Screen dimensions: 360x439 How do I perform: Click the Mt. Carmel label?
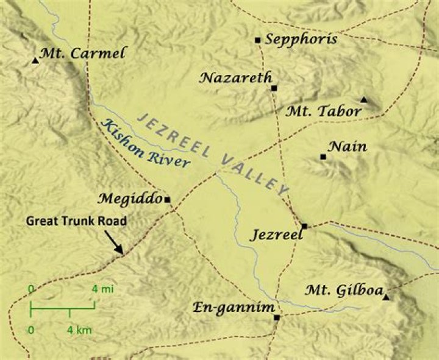[x=82, y=54]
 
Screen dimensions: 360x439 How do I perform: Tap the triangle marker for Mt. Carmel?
[x=35, y=61]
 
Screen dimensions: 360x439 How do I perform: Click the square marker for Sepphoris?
[x=258, y=40]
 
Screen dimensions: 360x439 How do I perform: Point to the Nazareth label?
[x=235, y=77]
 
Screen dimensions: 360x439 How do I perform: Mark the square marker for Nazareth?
[x=274, y=88]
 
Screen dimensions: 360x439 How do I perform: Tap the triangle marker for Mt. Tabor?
[x=364, y=99]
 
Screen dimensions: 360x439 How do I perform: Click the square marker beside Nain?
[x=323, y=157]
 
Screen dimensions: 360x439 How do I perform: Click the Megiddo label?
[x=130, y=199]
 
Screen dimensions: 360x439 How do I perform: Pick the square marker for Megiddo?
[x=167, y=199]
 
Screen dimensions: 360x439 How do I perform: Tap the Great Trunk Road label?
[x=76, y=221]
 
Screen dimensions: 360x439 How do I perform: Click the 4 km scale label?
[x=79, y=330]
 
